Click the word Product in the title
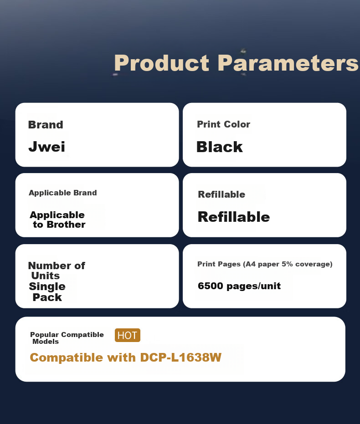pos(162,63)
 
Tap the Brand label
pos(46,125)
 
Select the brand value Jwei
pos(47,147)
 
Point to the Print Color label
pos(223,124)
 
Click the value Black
pos(219,147)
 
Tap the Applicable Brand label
pos(63,193)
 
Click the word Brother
pos(66,225)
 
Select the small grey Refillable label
pos(221,194)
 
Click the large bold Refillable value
pos(234,217)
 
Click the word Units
pos(46,276)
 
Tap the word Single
pos(47,286)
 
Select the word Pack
pos(47,297)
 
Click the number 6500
pos(211,286)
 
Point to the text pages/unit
pos(253,286)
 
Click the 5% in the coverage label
pos(287,264)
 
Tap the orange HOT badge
pos(128,335)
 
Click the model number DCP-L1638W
pos(180,358)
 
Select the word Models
pos(46,342)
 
